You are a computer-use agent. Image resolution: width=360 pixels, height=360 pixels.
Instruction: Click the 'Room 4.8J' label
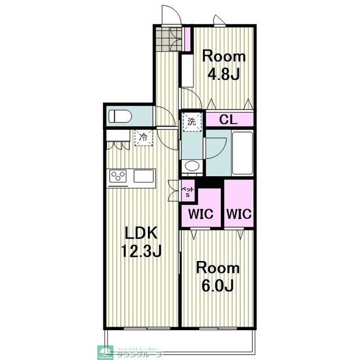(x=224, y=65)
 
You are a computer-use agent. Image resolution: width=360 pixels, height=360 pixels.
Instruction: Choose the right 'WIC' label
(x=239, y=214)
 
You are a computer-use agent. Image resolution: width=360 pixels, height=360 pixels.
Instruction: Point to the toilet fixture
(x=120, y=116)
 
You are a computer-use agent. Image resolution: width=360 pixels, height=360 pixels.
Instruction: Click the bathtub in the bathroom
(x=244, y=152)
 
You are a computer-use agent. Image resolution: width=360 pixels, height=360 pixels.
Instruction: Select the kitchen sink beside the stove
(x=143, y=177)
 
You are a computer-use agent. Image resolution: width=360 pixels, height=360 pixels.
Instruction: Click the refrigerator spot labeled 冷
(x=143, y=137)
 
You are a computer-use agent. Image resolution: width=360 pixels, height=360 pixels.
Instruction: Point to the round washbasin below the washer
(x=191, y=166)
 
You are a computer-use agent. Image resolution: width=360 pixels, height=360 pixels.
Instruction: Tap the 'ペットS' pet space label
(x=188, y=191)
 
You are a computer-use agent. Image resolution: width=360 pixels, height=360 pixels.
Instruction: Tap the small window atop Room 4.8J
(x=220, y=21)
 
